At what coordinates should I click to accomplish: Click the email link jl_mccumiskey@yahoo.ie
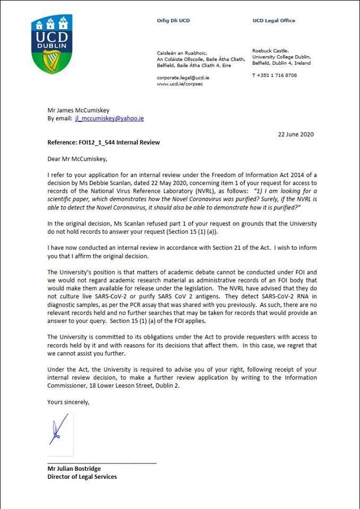pyautogui.click(x=109, y=118)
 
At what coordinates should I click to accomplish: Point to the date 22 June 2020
pyautogui.click(x=296, y=134)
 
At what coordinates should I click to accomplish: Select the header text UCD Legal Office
pyautogui.click(x=274, y=21)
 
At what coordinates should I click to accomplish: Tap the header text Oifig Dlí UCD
pyautogui.click(x=173, y=21)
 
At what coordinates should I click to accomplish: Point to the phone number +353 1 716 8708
pyautogui.click(x=274, y=75)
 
